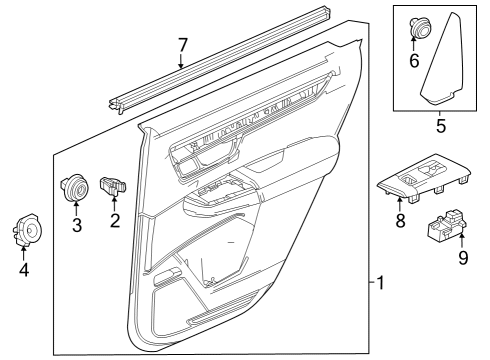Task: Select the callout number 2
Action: coord(114,220)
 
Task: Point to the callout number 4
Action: coord(25,268)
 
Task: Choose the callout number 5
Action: coord(439,126)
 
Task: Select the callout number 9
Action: coord(461,257)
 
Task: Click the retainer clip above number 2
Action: coord(114,185)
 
